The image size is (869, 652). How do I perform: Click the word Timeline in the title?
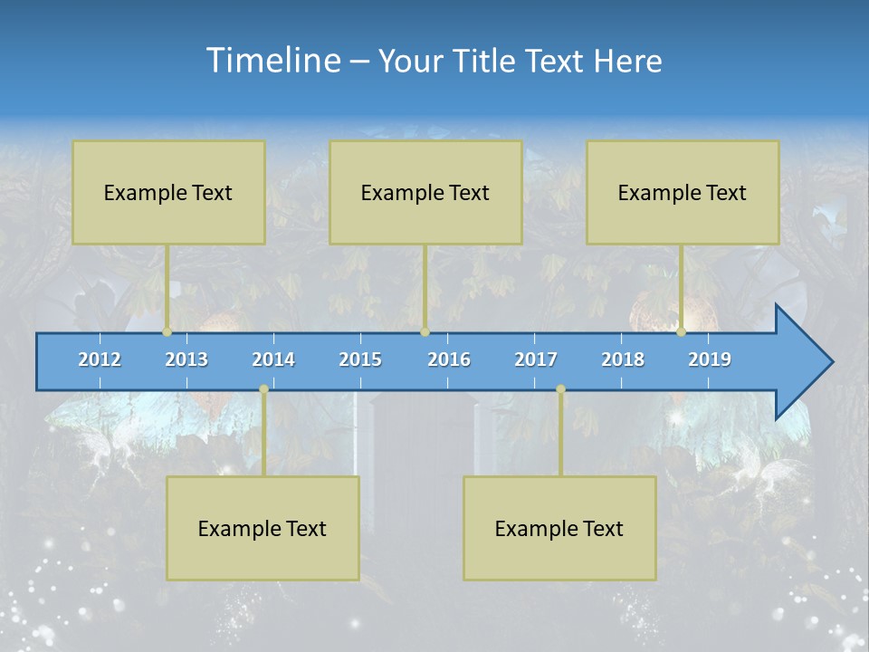[273, 61]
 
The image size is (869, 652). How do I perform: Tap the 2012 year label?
[100, 360]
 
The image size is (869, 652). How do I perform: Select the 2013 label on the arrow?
[186, 360]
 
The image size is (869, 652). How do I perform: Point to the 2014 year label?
[273, 360]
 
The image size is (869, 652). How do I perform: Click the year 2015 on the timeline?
[360, 360]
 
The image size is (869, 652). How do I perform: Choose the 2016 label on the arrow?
[449, 360]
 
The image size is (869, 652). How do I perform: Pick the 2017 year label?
[536, 360]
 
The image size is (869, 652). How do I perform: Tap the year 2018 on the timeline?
[623, 360]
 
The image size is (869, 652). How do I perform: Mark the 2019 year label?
[710, 360]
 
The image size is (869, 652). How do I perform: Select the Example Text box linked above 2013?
[168, 192]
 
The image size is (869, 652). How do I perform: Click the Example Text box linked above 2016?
[425, 192]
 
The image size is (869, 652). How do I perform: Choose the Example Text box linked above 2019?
[683, 192]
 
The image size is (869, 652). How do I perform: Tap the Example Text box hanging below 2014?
[263, 528]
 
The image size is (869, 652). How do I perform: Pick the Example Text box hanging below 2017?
[559, 528]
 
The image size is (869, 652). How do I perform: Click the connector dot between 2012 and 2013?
[167, 332]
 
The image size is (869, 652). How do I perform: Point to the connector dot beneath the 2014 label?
[263, 389]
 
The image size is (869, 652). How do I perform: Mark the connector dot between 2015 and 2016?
[425, 332]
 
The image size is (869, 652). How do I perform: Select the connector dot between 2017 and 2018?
[560, 389]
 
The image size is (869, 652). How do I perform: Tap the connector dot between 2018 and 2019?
[682, 332]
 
